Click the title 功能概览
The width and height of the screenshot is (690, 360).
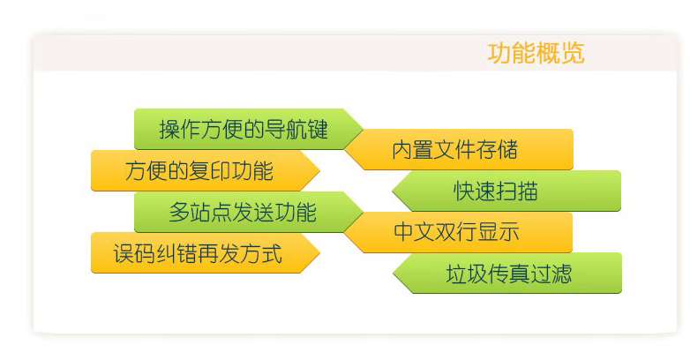coord(536,53)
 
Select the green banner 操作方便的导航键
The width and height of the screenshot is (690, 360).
coord(248,129)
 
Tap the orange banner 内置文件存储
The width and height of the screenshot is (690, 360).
coord(459,149)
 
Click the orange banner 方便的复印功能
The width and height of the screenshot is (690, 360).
coord(205,171)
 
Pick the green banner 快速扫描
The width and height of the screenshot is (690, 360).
coord(506,191)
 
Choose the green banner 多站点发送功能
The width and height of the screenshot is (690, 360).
coord(248,212)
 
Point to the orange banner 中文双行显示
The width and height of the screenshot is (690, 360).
coord(458,232)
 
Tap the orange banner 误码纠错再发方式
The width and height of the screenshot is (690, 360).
coord(205,253)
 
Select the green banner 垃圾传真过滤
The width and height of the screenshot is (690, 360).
coord(507,273)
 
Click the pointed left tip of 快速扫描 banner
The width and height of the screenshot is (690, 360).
coord(393,191)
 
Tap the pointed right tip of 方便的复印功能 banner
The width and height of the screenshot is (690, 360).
coord(319,171)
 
